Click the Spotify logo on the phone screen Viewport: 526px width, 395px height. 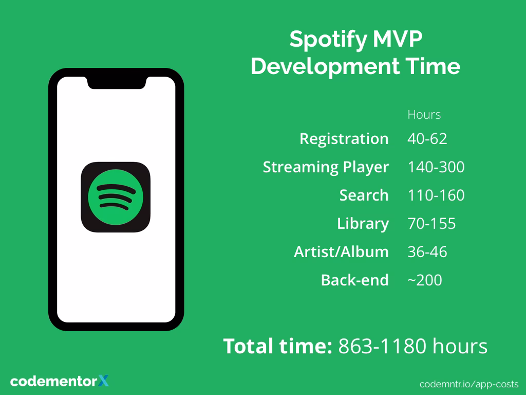(116, 197)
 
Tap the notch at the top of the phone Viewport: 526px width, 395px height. (116, 82)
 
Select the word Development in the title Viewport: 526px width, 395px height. (324, 66)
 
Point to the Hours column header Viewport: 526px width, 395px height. (424, 114)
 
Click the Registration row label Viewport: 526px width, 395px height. (344, 139)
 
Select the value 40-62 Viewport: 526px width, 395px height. (427, 139)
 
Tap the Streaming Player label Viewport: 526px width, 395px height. (326, 167)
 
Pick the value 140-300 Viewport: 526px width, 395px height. (436, 167)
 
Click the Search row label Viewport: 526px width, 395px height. (364, 195)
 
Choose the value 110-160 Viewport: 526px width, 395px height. (436, 195)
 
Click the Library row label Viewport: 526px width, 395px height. (363, 224)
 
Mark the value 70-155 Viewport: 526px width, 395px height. (431, 224)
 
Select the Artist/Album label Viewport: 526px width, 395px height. (341, 252)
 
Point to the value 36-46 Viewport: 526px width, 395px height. (427, 252)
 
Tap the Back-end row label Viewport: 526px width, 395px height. (354, 280)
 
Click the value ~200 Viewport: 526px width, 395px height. (424, 280)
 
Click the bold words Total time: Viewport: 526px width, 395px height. (277, 346)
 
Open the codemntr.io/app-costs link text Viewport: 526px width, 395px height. (468, 384)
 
